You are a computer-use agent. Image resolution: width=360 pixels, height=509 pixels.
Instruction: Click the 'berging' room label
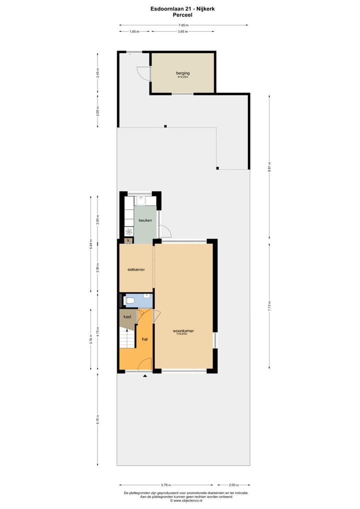click(x=182, y=73)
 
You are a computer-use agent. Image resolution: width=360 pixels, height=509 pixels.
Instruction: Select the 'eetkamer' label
click(x=136, y=269)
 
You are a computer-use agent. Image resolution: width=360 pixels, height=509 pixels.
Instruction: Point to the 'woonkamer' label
click(x=183, y=331)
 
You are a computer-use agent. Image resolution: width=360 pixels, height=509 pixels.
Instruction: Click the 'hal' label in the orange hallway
click(x=144, y=339)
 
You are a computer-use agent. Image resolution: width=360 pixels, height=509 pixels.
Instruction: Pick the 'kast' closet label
click(x=127, y=316)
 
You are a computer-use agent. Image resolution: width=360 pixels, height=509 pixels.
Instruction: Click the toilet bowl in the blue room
click(x=130, y=300)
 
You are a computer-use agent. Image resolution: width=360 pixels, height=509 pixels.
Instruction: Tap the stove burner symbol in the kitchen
click(x=128, y=231)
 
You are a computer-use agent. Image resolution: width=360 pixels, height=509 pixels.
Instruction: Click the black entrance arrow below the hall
click(x=145, y=375)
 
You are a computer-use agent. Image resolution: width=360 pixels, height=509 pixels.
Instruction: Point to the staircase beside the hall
click(x=127, y=338)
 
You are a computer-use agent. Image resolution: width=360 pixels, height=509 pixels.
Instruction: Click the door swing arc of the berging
click(x=143, y=73)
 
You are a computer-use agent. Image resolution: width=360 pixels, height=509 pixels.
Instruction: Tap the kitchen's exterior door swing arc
click(x=165, y=231)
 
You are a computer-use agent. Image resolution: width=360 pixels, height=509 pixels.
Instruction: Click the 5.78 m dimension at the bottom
click(x=165, y=484)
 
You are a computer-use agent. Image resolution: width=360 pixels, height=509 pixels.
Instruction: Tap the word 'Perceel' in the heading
click(x=183, y=15)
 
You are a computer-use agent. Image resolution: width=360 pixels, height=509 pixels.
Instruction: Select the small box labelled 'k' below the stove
click(x=128, y=240)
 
